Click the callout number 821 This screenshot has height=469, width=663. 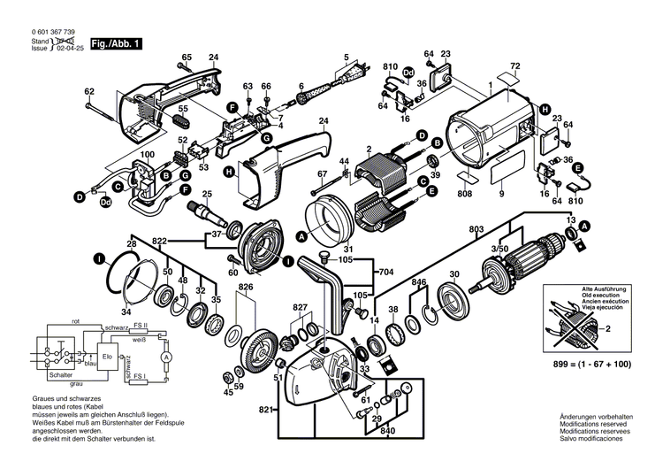264,411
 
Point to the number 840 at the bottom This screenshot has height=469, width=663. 387,431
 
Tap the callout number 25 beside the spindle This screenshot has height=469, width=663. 208,194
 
